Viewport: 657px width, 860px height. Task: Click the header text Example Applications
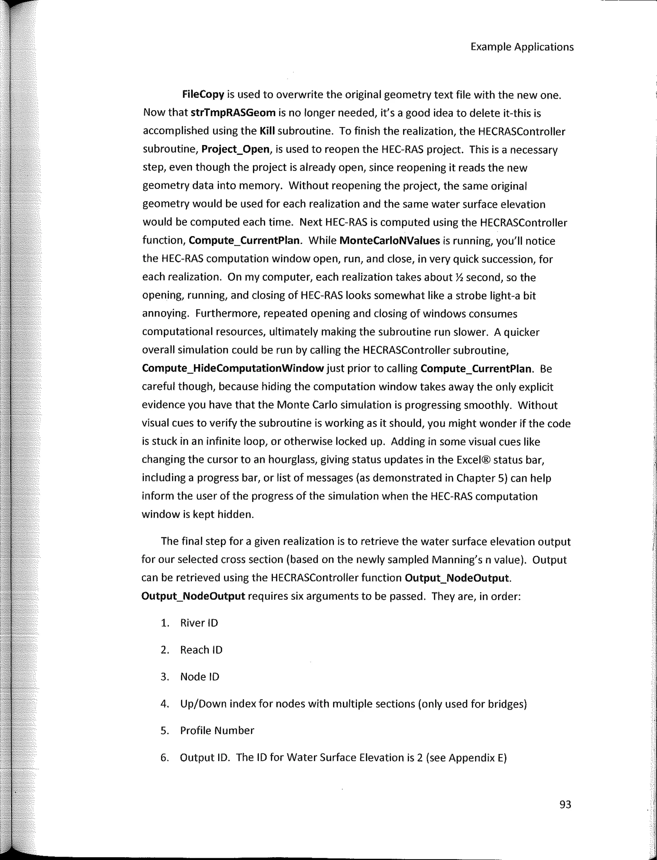pyautogui.click(x=522, y=47)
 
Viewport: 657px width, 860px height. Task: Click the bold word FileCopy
pyautogui.click(x=203, y=95)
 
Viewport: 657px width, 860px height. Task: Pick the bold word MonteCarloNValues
pyautogui.click(x=389, y=241)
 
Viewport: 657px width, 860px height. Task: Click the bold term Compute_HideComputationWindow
pyautogui.click(x=233, y=368)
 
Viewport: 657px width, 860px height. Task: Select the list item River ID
pyautogui.click(x=199, y=623)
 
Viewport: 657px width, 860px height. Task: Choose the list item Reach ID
pyautogui.click(x=201, y=650)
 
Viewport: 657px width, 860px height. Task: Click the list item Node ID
pyautogui.click(x=200, y=677)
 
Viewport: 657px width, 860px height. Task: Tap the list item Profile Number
pyautogui.click(x=217, y=730)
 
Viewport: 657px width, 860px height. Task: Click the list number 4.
pyautogui.click(x=164, y=704)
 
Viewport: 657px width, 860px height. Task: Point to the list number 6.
pyautogui.click(x=164, y=758)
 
